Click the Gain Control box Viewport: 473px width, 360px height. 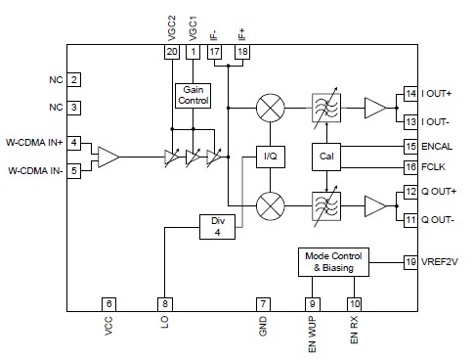click(193, 95)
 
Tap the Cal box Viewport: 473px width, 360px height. click(325, 156)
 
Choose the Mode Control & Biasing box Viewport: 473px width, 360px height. click(329, 263)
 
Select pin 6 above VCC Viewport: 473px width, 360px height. click(109, 304)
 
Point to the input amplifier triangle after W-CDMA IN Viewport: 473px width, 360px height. click(107, 156)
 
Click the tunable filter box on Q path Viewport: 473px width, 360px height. click(325, 206)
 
